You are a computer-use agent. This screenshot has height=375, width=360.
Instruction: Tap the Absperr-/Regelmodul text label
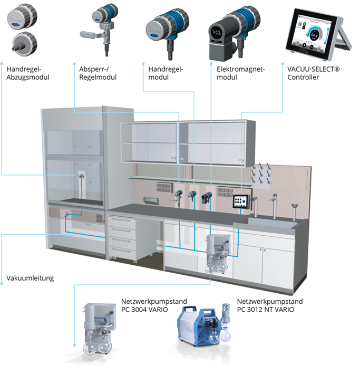tap(98, 73)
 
